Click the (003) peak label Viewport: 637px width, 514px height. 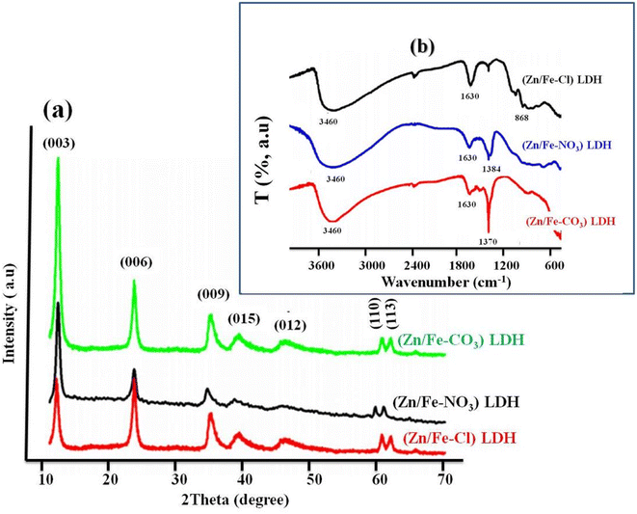pyautogui.click(x=60, y=144)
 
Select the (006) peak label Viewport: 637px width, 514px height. pyautogui.click(x=136, y=262)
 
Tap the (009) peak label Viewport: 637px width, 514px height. pyautogui.click(x=214, y=294)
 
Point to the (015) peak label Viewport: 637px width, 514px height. pyautogui.click(x=244, y=319)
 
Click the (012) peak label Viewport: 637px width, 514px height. pyautogui.click(x=290, y=326)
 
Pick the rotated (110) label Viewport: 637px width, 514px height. pyautogui.click(x=375, y=311)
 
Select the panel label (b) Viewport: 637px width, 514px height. pyautogui.click(x=422, y=47)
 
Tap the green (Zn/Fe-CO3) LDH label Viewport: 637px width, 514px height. pyautogui.click(x=462, y=339)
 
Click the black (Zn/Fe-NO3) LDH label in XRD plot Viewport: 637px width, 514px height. pyautogui.click(x=456, y=402)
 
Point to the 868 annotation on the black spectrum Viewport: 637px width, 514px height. pyautogui.click(x=521, y=118)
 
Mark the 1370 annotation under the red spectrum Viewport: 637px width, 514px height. pyautogui.click(x=488, y=241)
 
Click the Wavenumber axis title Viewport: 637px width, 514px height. pyautogui.click(x=445, y=281)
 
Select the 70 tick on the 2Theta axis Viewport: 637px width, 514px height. pyautogui.click(x=443, y=479)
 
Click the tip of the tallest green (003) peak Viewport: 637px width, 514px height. pyautogui.click(x=58, y=157)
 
